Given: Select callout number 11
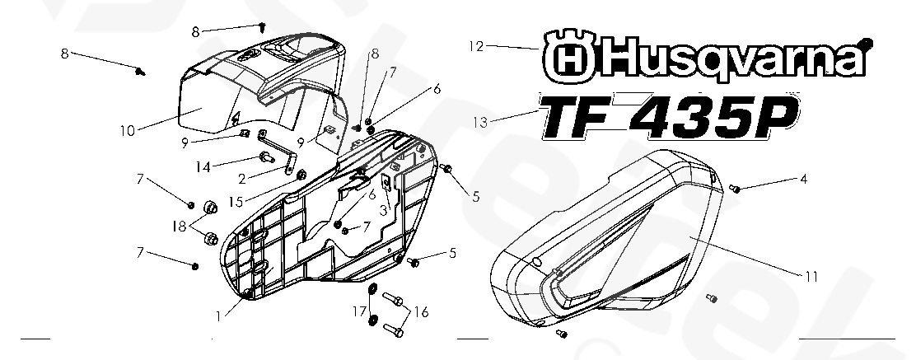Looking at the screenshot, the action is [811, 277].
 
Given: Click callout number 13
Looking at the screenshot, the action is [480, 122].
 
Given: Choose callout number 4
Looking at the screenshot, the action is [802, 178].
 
